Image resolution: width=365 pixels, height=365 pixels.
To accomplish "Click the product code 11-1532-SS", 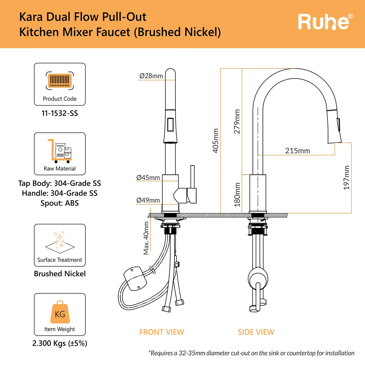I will click(60, 114).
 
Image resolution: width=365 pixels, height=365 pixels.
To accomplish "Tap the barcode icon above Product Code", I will click(60, 80).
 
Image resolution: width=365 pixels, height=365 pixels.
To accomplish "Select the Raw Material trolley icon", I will click(60, 151).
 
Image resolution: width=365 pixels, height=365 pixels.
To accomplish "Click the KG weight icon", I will click(60, 312).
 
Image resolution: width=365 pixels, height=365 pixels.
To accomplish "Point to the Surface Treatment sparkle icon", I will click(60, 242).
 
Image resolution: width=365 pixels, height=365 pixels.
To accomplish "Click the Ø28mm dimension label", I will click(151, 76).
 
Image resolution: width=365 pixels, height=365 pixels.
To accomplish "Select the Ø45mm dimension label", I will click(148, 177).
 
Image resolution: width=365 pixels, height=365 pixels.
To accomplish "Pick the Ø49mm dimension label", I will click(148, 200).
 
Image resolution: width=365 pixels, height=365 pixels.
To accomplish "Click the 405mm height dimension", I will click(215, 140).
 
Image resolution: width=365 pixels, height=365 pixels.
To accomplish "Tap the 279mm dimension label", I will click(237, 122).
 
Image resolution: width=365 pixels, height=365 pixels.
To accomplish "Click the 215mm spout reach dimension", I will click(298, 151).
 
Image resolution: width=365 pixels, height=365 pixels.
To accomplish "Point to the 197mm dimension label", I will click(347, 178).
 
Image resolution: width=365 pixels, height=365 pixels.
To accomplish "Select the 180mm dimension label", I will click(237, 195).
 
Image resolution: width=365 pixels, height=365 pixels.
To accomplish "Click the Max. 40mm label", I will click(146, 238).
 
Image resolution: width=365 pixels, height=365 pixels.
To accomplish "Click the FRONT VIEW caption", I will click(162, 332).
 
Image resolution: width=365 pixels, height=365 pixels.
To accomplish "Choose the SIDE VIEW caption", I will click(256, 332).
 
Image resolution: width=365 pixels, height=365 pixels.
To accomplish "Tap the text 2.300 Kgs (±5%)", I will click(60, 343).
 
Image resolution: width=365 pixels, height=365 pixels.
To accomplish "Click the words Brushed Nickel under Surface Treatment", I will click(60, 274).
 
